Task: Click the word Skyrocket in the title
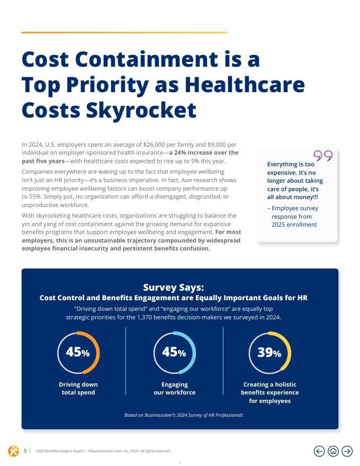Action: point(141,111)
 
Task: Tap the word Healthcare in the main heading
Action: point(245,85)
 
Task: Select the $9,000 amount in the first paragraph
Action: point(217,145)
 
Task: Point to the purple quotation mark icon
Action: point(323,156)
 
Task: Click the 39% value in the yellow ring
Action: point(269,353)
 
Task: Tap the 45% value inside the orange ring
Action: point(78,352)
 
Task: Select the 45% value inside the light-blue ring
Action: point(174,352)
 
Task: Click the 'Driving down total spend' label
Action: point(78,389)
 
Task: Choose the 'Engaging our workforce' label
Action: point(175,389)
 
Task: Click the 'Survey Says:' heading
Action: point(174,288)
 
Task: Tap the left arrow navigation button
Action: point(319,451)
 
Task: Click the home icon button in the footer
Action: point(334,451)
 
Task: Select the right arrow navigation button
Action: point(347,451)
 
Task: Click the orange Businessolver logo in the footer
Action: point(13,451)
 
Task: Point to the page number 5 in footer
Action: point(25,451)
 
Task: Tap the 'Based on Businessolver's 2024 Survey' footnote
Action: point(184,415)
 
